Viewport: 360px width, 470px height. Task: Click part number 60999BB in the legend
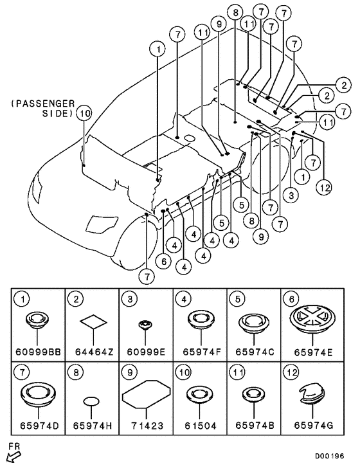pos(38,352)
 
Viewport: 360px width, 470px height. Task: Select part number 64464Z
pos(94,352)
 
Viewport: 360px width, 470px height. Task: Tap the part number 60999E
pos(146,352)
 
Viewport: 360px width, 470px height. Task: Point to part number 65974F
pos(201,352)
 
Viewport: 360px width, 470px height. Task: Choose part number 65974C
pos(255,352)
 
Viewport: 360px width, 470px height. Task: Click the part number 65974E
pos(313,352)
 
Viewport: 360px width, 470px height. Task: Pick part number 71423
pos(147,426)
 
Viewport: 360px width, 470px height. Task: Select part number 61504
pos(201,426)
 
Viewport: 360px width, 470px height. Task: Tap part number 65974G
pos(313,426)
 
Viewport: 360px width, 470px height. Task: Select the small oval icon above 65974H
pos(91,401)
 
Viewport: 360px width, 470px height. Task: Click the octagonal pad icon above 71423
pos(147,395)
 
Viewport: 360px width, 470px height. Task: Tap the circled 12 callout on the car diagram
pos(325,188)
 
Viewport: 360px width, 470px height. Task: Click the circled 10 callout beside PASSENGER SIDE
pos(84,113)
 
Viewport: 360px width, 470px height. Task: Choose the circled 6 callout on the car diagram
pos(164,262)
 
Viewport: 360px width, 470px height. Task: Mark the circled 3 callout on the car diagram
pos(291,195)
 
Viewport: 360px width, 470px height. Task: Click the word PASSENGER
pos(43,104)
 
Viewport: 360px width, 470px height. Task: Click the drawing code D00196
pos(330,456)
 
